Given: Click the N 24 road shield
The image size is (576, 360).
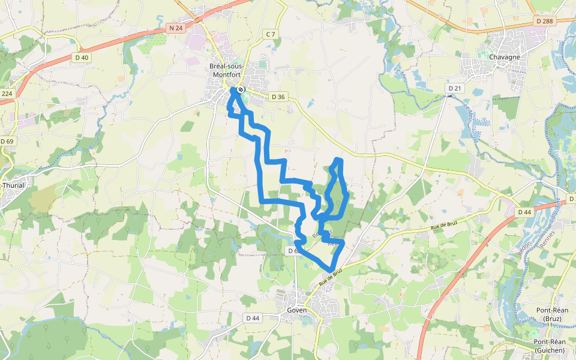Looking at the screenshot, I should click(175, 28).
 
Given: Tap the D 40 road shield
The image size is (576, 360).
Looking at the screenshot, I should click(82, 58).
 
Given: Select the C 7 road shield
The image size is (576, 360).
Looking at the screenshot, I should click(271, 34).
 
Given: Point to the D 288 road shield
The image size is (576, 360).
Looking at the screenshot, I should click(545, 21).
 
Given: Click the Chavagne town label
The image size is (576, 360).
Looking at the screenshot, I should click(504, 57).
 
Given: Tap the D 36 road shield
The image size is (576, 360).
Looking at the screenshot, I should click(278, 97).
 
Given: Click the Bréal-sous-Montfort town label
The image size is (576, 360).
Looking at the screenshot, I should click(226, 70).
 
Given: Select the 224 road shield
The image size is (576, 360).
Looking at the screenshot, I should click(7, 94).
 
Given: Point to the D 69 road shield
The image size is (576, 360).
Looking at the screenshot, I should click(7, 141).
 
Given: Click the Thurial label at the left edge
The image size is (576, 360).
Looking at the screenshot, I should click(13, 185).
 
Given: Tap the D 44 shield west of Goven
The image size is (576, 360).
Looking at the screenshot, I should click(253, 317).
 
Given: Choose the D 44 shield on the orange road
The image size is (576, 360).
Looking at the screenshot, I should click(524, 212).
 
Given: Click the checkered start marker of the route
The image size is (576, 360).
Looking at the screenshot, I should click(240, 90).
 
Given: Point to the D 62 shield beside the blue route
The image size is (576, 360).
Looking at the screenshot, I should click(292, 250).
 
